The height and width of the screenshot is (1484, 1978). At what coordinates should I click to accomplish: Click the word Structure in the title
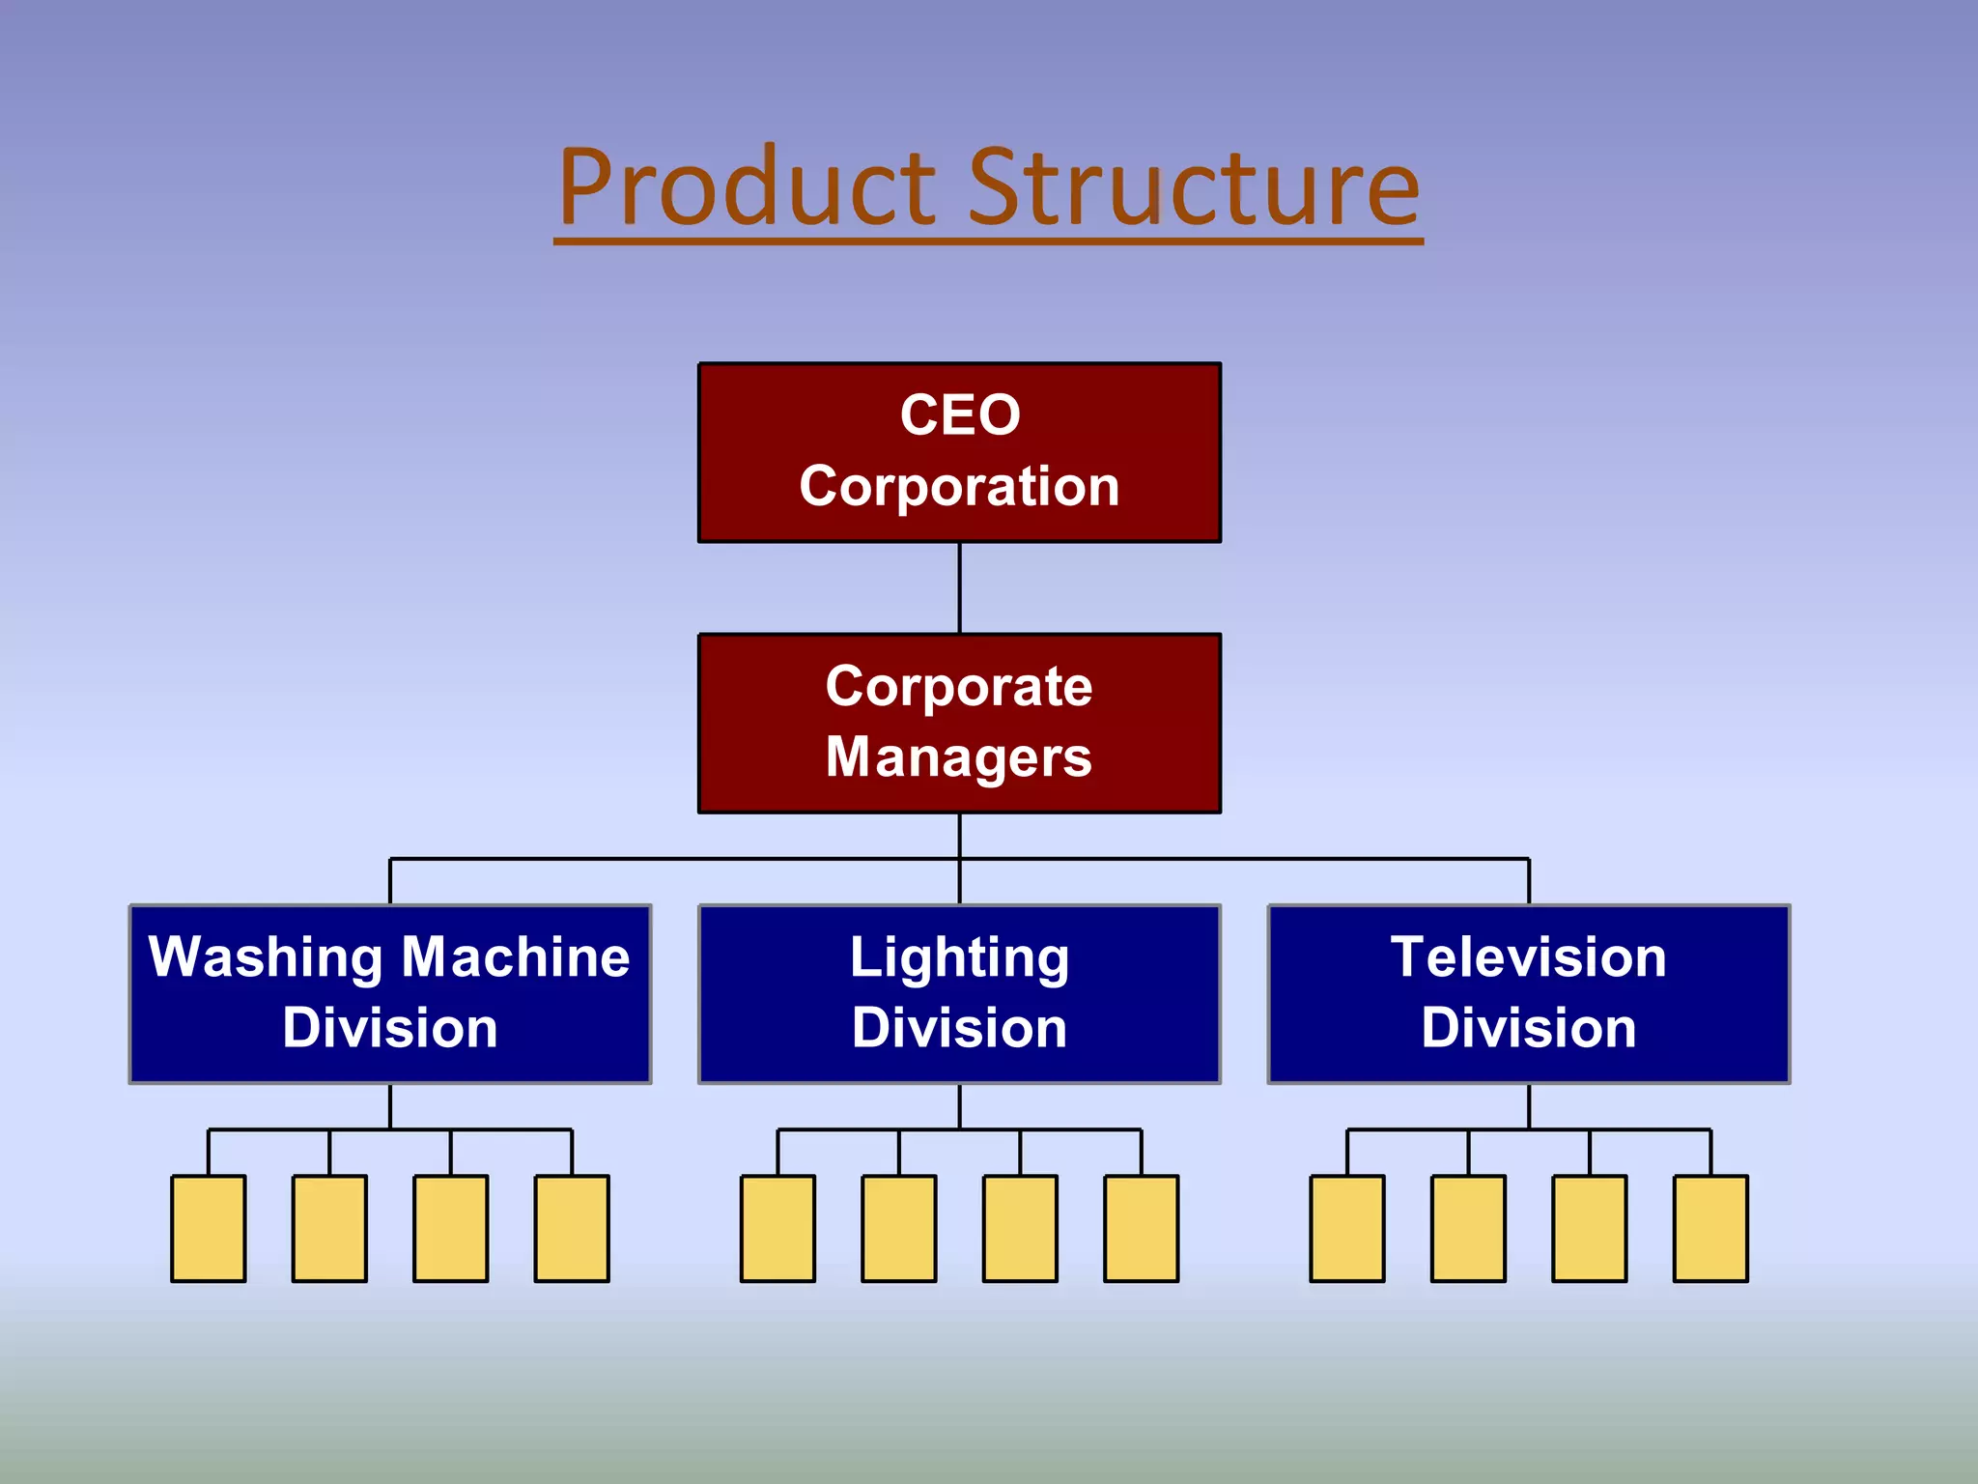tap(1194, 187)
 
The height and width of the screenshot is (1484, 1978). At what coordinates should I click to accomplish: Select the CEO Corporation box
tap(959, 452)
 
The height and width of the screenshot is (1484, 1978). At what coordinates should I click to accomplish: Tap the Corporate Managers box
tap(959, 723)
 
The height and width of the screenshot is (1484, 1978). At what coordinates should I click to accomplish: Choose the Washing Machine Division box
tap(390, 993)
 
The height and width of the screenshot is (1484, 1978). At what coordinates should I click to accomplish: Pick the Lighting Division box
tap(959, 993)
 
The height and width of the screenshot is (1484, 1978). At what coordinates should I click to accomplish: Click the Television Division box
tap(1528, 993)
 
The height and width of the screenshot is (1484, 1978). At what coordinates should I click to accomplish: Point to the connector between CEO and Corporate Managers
tap(959, 587)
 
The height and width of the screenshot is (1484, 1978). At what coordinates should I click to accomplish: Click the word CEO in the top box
tap(960, 415)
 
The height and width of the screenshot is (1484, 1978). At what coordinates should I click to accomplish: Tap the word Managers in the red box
tap(959, 757)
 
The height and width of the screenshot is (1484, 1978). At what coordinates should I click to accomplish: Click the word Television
tap(1528, 958)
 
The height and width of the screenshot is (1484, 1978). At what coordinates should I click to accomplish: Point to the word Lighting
tap(959, 958)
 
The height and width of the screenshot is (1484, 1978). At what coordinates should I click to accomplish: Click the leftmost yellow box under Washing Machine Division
tap(209, 1228)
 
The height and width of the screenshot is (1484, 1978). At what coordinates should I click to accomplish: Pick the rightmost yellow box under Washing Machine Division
tap(572, 1228)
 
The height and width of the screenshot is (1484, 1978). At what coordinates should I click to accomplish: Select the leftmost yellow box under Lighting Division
tap(777, 1228)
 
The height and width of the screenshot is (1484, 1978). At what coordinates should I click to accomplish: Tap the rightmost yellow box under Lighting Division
tap(1141, 1228)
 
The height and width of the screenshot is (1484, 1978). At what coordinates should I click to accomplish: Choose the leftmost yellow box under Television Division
tap(1347, 1228)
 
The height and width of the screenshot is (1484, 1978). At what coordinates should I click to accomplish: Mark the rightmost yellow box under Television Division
tap(1710, 1228)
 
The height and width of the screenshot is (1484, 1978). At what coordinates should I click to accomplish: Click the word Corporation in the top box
tap(959, 486)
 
